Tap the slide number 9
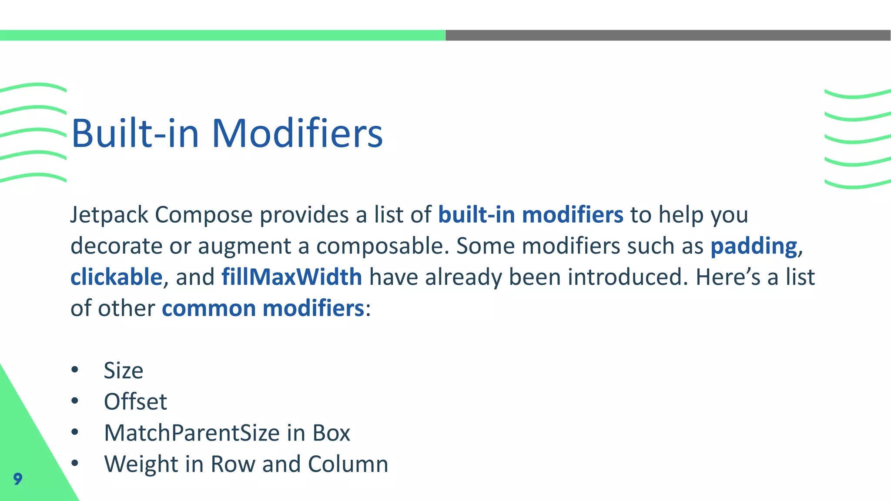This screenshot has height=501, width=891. (17, 479)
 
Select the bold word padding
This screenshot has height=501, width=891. (754, 246)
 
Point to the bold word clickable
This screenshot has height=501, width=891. (116, 277)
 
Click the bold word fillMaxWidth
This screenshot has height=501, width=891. (291, 277)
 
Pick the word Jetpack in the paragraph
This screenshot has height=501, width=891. (109, 215)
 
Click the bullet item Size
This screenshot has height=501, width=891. (124, 371)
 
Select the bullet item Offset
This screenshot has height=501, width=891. (135, 401)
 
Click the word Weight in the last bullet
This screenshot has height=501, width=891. (141, 464)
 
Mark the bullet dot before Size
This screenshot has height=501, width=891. (75, 370)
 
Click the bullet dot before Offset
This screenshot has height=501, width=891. (75, 401)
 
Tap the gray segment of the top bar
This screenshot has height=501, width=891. (668, 35)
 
